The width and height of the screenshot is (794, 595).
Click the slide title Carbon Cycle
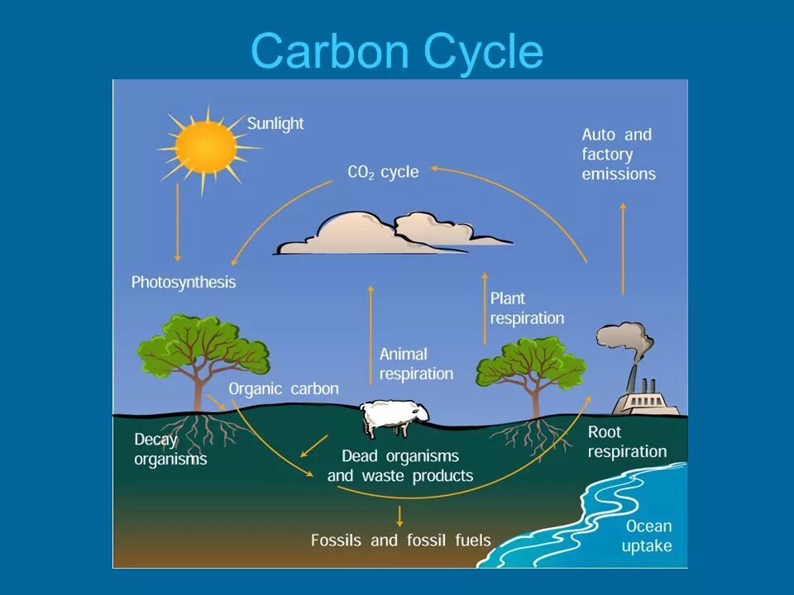pyautogui.click(x=397, y=51)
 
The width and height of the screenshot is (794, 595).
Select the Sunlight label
pyautogui.click(x=275, y=124)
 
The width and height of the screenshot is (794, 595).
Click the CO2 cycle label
pyautogui.click(x=382, y=173)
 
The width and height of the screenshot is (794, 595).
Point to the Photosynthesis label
pyautogui.click(x=184, y=283)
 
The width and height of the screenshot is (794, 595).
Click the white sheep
pyautogui.click(x=395, y=416)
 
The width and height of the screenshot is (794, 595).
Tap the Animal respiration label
pyautogui.click(x=416, y=364)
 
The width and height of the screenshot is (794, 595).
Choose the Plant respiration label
pyautogui.click(x=527, y=308)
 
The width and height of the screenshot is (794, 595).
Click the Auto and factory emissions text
pyautogui.click(x=619, y=155)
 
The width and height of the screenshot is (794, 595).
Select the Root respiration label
pyautogui.click(x=627, y=441)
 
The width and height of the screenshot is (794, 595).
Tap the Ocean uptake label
pyautogui.click(x=648, y=535)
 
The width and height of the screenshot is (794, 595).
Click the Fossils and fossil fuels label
pyautogui.click(x=401, y=540)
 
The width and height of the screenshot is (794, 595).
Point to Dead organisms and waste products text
pyautogui.click(x=400, y=466)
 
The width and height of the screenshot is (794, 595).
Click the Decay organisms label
pyautogui.click(x=170, y=449)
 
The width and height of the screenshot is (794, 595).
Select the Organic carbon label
pyautogui.click(x=284, y=389)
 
